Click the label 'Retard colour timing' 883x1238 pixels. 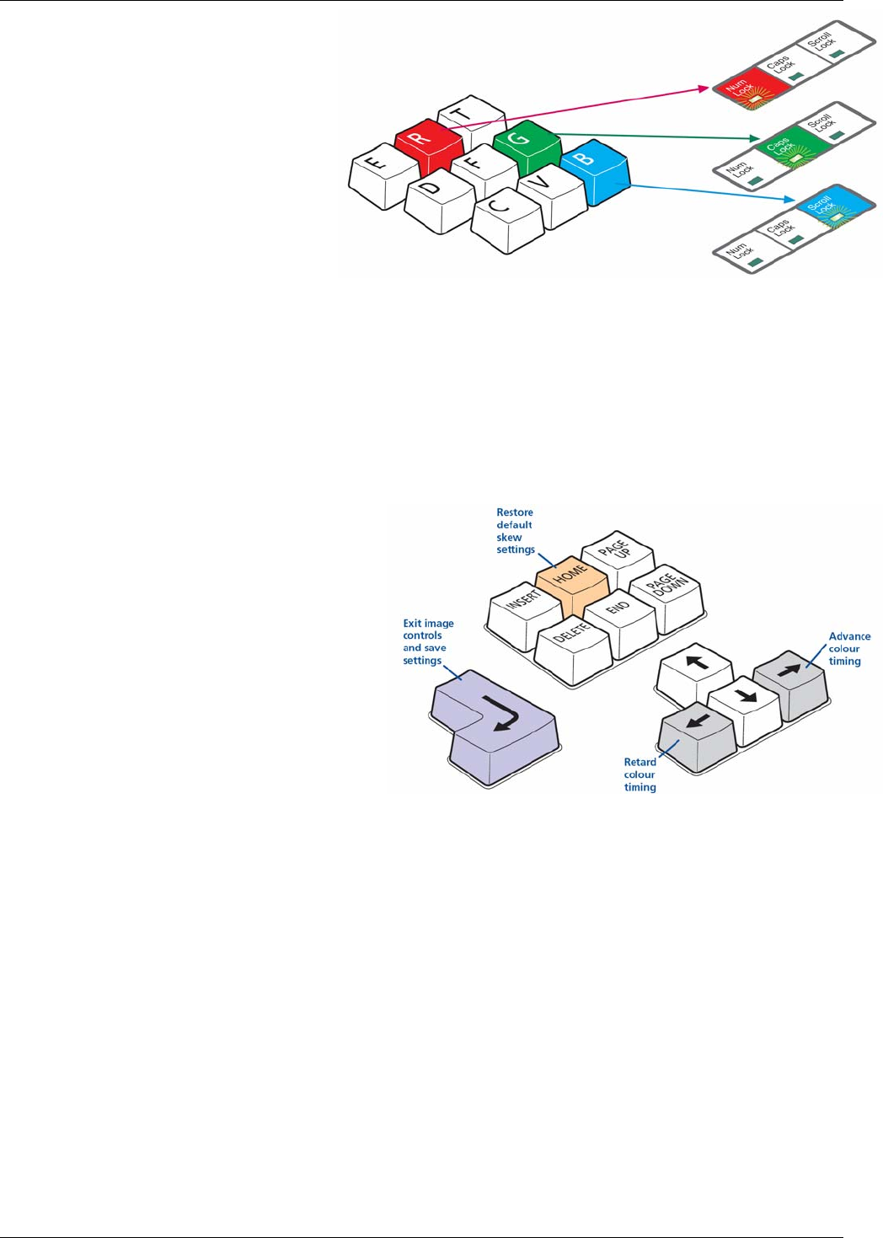(640, 774)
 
